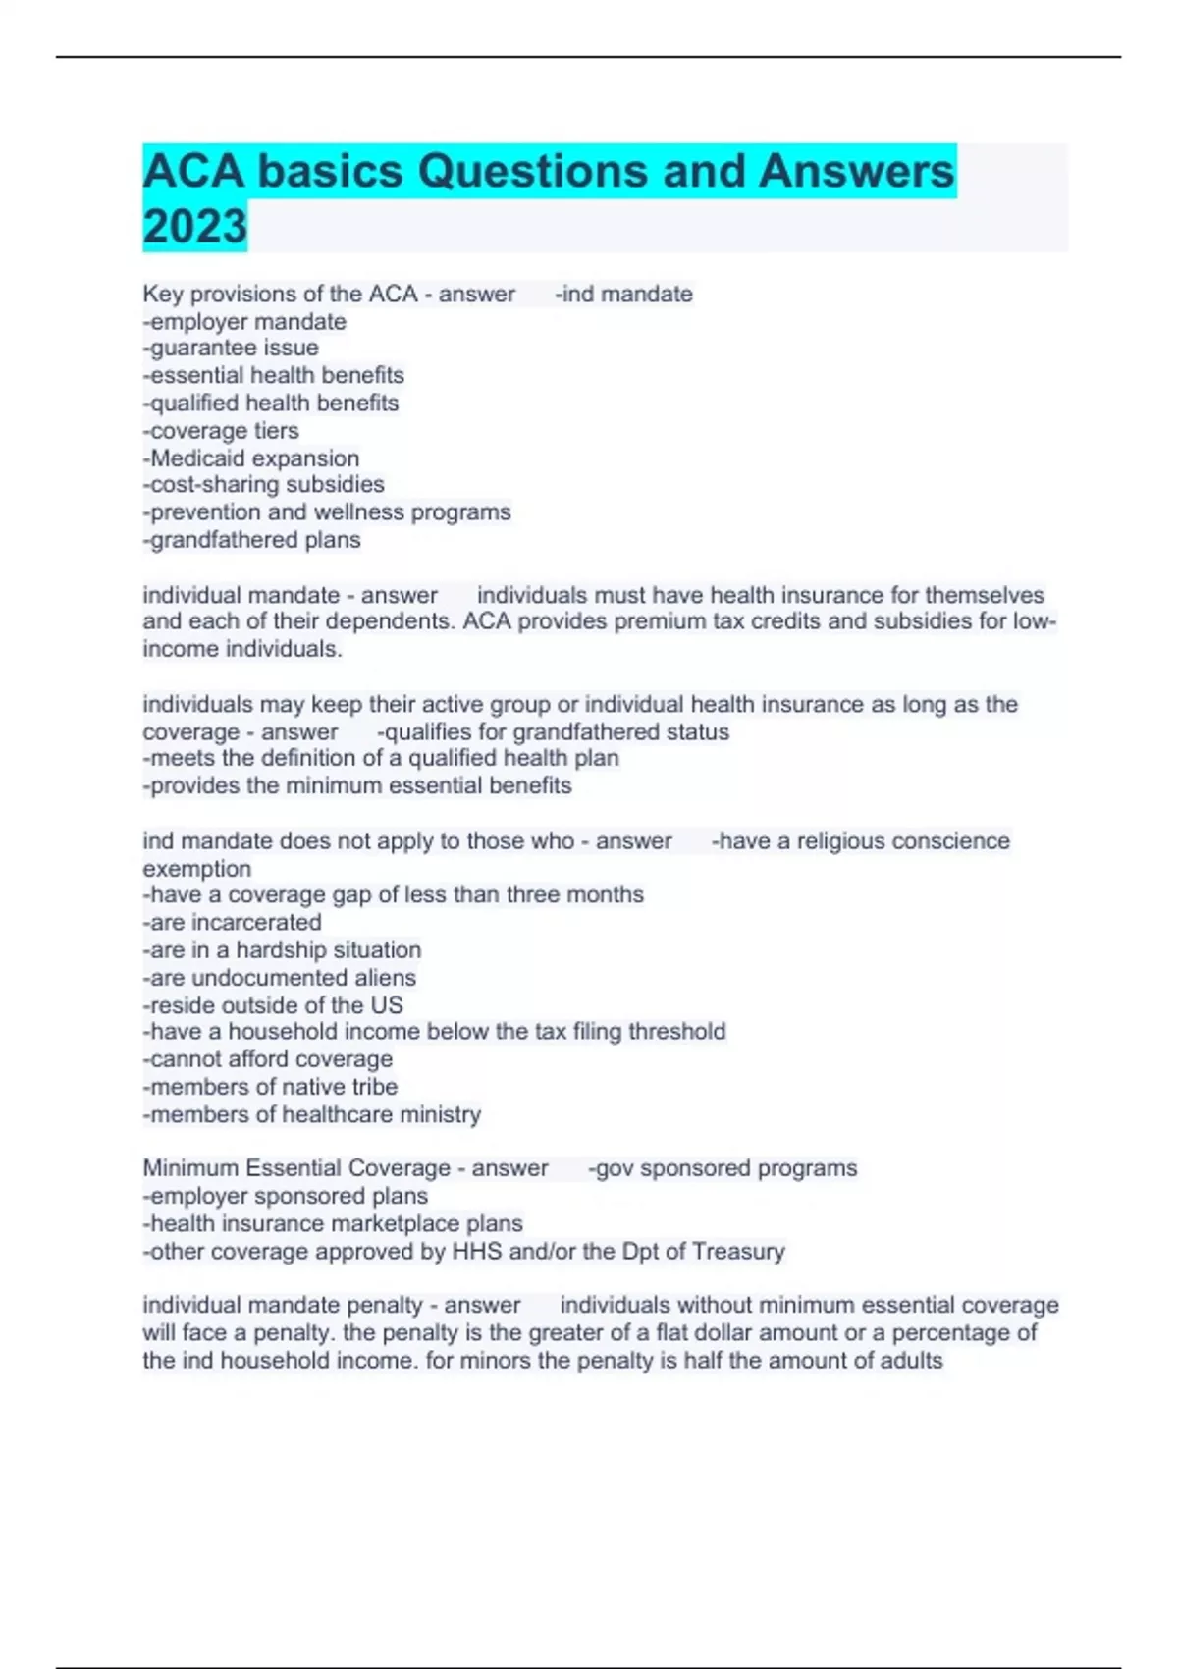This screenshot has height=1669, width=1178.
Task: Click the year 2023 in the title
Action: (194, 226)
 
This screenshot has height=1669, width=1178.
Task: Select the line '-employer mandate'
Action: (244, 321)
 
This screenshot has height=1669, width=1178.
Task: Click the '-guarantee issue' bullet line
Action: (231, 348)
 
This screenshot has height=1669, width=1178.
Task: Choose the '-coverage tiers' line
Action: (221, 431)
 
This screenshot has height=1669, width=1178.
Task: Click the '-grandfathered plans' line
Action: (252, 540)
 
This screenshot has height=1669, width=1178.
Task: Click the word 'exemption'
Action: (197, 869)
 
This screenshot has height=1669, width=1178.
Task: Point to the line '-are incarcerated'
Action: (233, 923)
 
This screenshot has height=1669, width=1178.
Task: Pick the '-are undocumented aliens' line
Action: (280, 978)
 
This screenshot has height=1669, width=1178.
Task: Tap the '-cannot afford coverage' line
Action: (268, 1059)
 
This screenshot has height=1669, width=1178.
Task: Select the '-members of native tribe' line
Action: (270, 1087)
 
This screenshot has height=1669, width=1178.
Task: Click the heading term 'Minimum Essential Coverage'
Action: (296, 1168)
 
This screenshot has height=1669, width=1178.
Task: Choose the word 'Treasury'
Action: (737, 1252)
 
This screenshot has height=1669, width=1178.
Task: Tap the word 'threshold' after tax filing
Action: (676, 1032)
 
